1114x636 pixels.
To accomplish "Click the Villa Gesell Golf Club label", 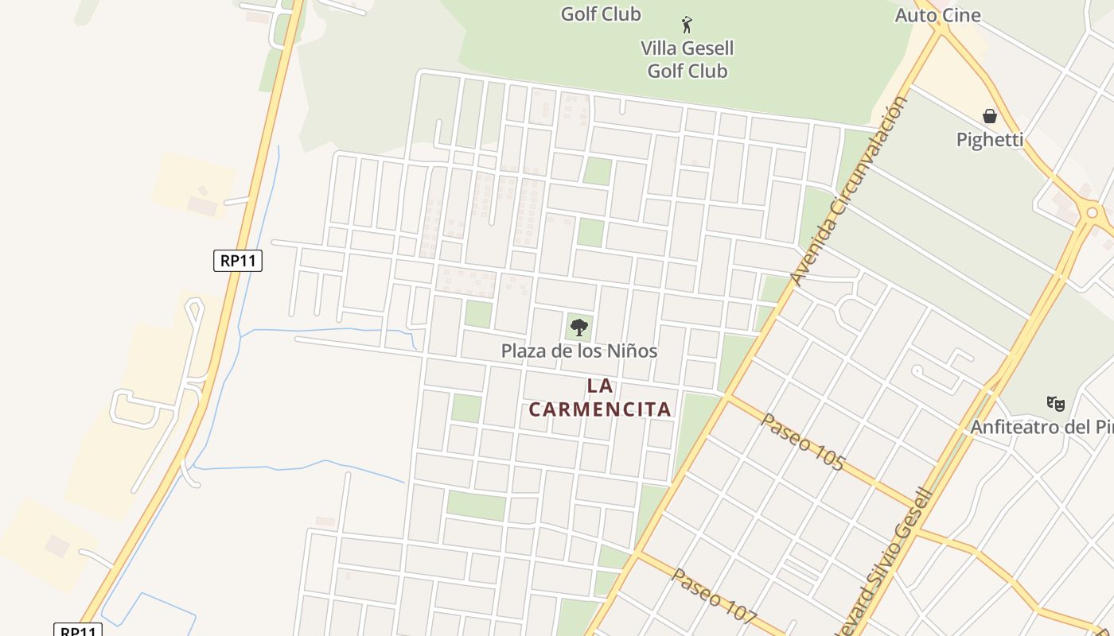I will point(687,60).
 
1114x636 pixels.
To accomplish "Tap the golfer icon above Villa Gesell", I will point(687,25).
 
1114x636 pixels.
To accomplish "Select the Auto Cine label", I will point(937,15).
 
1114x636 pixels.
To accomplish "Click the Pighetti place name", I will point(989,139).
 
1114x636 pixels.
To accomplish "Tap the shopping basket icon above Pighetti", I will point(989,116).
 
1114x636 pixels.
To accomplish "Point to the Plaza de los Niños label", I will point(578,351).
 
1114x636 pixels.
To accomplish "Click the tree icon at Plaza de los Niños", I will point(579,327).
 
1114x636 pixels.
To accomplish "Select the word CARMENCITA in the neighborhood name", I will point(600,409).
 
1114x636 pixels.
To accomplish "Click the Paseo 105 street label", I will point(801,441).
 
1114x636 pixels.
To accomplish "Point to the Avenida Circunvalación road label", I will point(849,191).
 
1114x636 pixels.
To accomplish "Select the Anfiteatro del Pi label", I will point(1041,427).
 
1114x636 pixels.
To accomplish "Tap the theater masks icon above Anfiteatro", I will point(1055,403).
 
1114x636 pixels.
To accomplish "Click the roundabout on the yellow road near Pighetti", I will point(1092,212).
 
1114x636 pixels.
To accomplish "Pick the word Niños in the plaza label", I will point(632,351).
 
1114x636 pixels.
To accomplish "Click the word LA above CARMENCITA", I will point(600,386).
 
